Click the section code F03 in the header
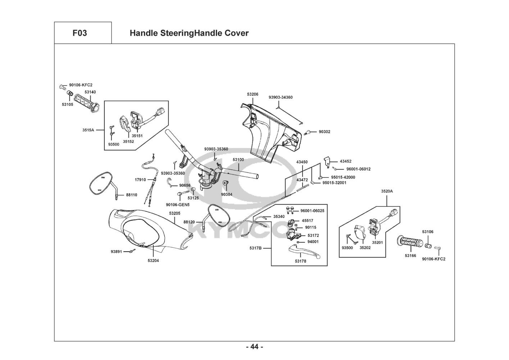pyautogui.click(x=79, y=33)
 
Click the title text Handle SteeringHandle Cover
pyautogui.click(x=189, y=33)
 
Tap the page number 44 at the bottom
pyautogui.click(x=254, y=347)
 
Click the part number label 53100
pyautogui.click(x=238, y=159)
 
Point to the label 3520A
pyautogui.click(x=387, y=191)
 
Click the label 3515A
pyautogui.click(x=88, y=130)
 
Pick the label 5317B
pyautogui.click(x=255, y=248)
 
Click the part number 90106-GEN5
pyautogui.click(x=177, y=204)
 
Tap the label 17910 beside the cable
pyautogui.click(x=140, y=180)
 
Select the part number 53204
pyautogui.click(x=153, y=260)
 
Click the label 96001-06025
pyautogui.click(x=312, y=211)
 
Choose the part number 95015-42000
pyautogui.click(x=343, y=177)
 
